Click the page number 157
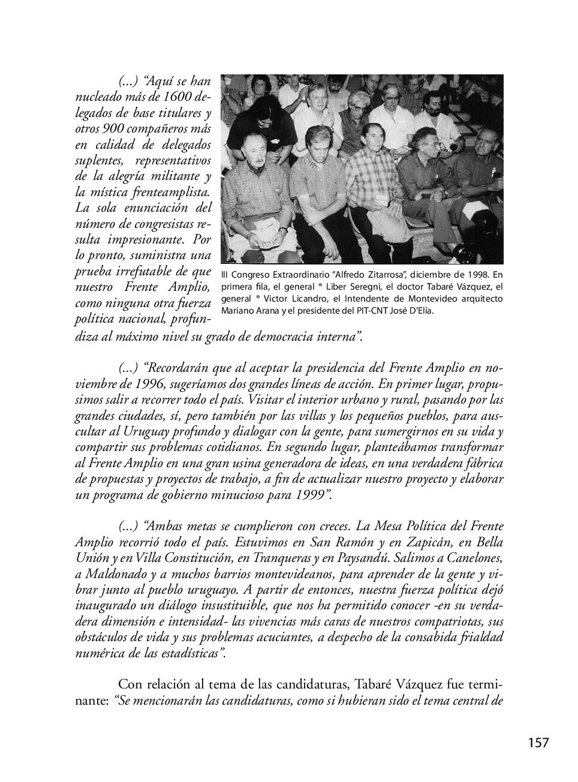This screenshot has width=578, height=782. click(x=538, y=743)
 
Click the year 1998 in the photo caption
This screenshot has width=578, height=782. click(x=469, y=275)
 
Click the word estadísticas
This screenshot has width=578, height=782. click(x=192, y=652)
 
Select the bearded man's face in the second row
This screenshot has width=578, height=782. click(x=433, y=104)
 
